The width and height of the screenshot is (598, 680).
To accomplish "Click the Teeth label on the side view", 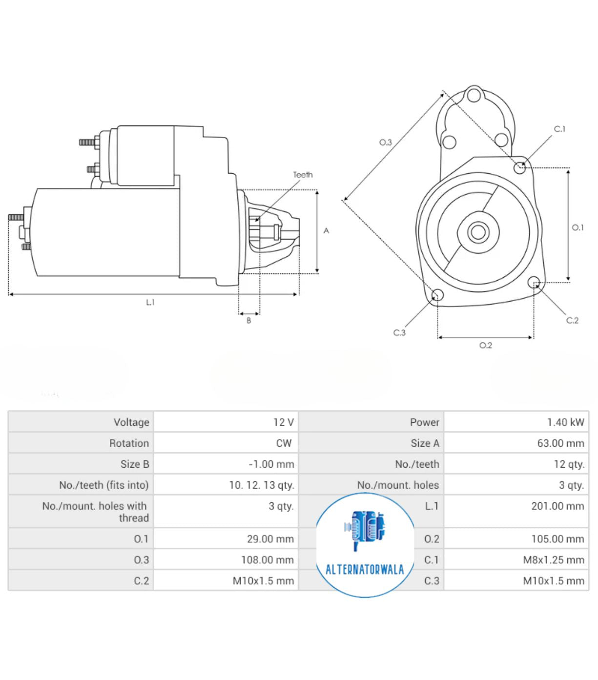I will point(303,175).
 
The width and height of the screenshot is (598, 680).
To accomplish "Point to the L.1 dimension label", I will point(150,303).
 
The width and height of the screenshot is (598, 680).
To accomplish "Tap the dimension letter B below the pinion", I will point(248,321).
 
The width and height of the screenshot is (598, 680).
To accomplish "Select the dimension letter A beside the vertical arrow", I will point(326,231).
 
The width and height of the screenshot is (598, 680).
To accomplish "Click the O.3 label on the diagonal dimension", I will point(386,143).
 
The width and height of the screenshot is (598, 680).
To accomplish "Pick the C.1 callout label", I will point(559,129).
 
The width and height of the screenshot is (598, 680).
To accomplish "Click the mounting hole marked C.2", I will point(534,282).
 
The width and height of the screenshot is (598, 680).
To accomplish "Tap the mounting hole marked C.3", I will point(437,295).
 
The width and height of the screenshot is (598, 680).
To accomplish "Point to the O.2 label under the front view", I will point(485,346).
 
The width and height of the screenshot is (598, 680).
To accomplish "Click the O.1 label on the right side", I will point(577,227).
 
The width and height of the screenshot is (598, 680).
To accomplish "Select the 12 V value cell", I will point(283,422).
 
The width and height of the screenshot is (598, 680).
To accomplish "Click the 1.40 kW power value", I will point(565,422).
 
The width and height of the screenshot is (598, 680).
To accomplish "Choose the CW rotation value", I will point(284,443).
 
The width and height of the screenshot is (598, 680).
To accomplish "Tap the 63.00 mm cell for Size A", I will point(560,443).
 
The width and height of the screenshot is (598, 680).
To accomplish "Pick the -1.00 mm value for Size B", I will point(271,464).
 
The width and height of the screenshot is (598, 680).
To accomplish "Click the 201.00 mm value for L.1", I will point(557,506).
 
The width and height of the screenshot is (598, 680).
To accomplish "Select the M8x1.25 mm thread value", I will point(553,560).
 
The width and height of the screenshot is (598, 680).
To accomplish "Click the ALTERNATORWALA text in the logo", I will point(365,570).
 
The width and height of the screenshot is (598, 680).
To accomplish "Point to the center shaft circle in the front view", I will point(478,232).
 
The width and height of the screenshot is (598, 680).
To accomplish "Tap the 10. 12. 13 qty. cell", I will point(262,485).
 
